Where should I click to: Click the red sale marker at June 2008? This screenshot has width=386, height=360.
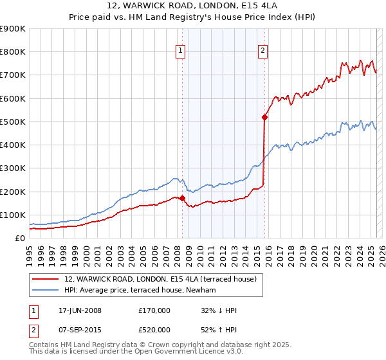182,198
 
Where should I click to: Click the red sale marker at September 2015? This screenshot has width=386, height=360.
264,117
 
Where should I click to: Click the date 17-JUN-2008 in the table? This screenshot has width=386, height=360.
80,310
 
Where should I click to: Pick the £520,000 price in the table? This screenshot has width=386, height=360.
154,329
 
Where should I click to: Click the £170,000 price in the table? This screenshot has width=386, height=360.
154,310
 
